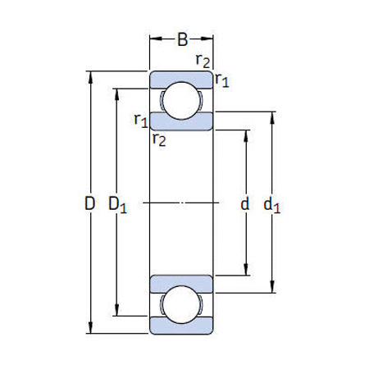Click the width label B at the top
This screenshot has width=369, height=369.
(x=182, y=38)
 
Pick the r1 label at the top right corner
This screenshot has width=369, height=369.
(x=221, y=80)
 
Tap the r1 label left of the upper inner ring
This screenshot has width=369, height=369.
(x=140, y=121)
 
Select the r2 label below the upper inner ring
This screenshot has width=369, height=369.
(x=159, y=139)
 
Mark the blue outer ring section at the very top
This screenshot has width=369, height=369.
(x=181, y=78)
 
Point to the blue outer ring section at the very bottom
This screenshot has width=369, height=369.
(x=181, y=328)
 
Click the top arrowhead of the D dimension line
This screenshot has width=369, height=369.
(x=89, y=76)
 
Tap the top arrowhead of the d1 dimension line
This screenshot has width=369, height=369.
(x=273, y=116)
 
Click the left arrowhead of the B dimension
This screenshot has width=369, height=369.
(x=153, y=37)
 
